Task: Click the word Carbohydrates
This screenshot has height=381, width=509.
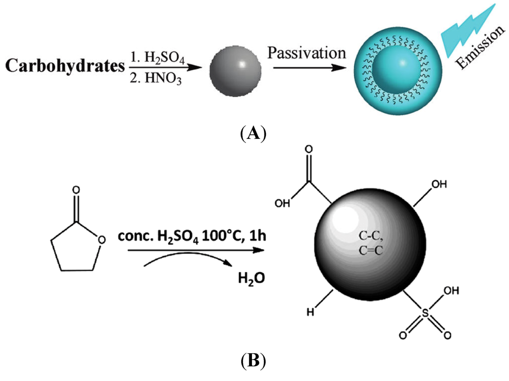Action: point(63,67)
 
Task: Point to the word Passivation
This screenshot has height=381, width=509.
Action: point(307,52)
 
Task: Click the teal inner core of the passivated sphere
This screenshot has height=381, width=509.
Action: point(393,70)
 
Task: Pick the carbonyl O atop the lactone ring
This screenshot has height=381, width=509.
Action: point(76,190)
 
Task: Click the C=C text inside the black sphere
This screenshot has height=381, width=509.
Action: point(370,251)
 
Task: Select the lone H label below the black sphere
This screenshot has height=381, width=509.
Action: point(309,313)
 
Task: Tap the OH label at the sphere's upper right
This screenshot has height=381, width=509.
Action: point(439,185)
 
